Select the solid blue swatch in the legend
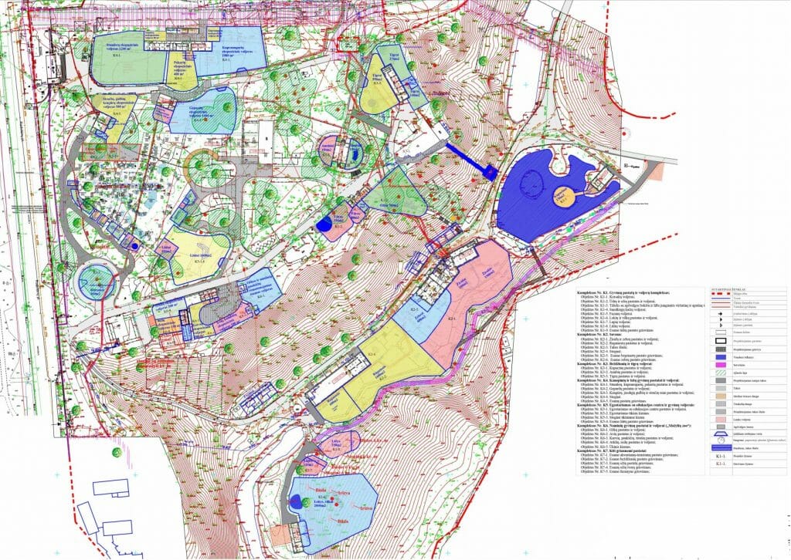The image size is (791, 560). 720,356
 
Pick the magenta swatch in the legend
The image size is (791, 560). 720,366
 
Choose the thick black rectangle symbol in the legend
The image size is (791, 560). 720,339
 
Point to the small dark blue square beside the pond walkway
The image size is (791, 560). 490,173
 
